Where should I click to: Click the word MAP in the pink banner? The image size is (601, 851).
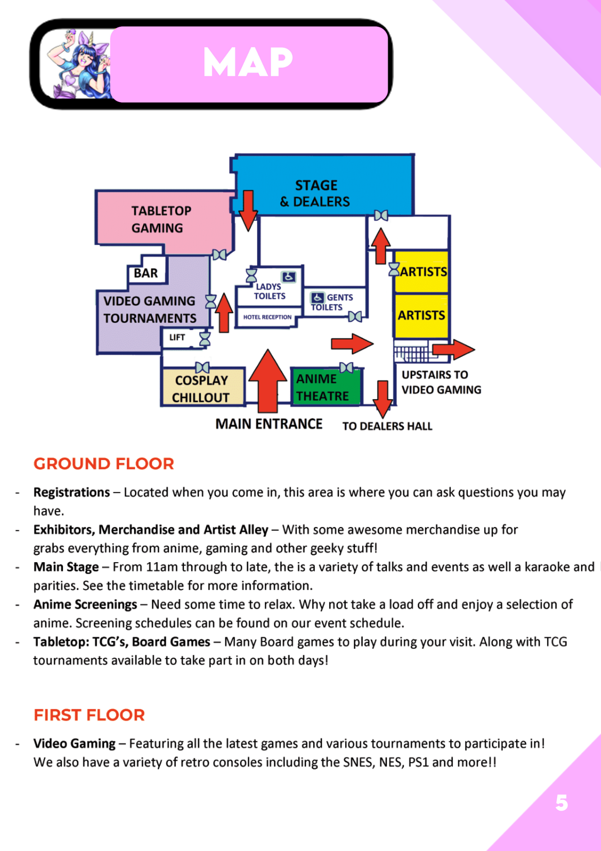(248, 63)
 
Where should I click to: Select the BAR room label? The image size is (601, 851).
(146, 273)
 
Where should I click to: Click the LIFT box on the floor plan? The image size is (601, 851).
(177, 337)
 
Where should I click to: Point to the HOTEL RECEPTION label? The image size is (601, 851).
(267, 317)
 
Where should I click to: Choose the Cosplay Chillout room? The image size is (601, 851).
(202, 388)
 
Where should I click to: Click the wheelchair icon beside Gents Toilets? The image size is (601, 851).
(317, 297)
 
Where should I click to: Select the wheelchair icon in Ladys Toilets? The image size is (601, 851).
(289, 277)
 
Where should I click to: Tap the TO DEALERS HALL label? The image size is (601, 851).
(387, 426)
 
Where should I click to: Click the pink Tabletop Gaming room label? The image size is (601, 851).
(161, 220)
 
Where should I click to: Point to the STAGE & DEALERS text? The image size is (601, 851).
(315, 194)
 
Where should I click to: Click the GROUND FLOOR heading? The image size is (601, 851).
(104, 464)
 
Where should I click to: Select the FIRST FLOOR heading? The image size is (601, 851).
(89, 715)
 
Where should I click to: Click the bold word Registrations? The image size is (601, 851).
(71, 492)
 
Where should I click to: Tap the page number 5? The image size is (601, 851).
(561, 803)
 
